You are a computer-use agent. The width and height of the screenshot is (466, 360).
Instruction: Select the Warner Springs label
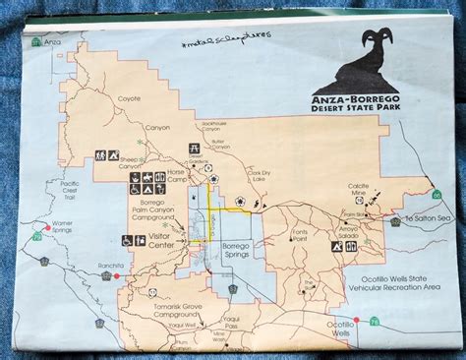click(x=62, y=227)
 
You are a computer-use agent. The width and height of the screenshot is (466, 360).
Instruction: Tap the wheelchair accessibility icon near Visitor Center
click(x=127, y=239)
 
